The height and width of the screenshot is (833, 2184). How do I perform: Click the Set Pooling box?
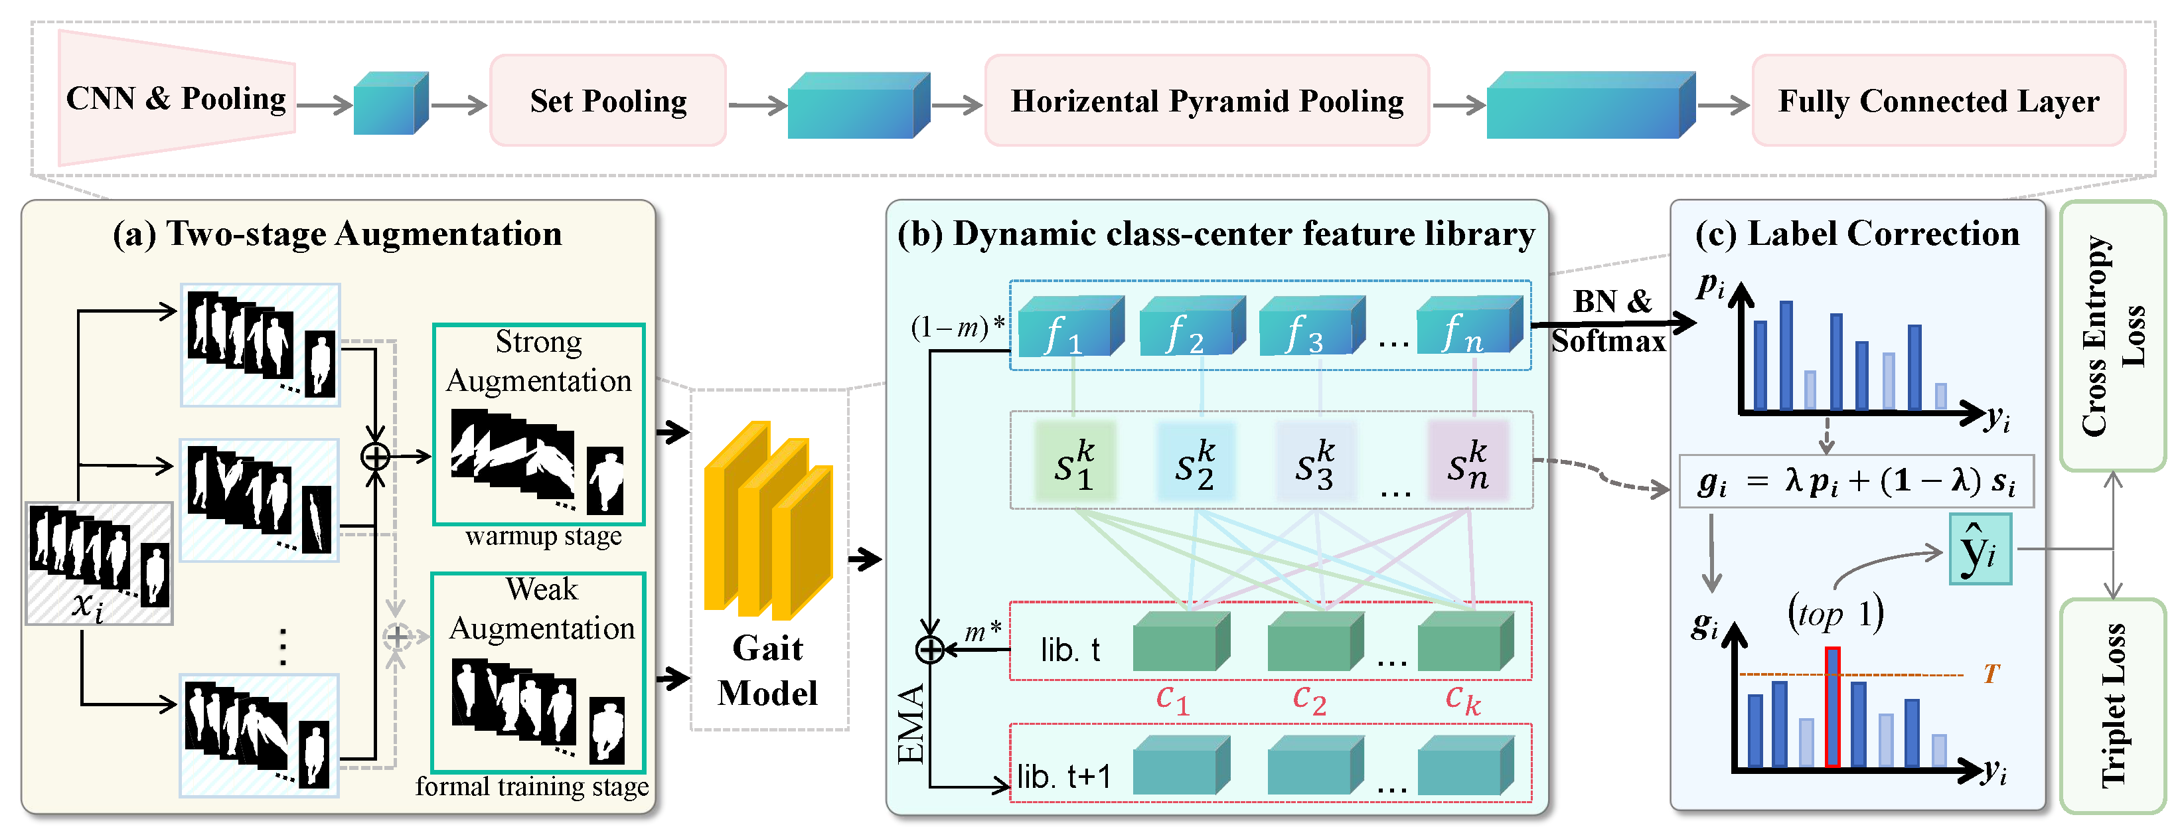[608, 101]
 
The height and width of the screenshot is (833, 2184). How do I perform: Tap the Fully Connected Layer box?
[1938, 101]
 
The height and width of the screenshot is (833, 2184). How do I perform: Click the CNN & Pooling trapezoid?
[177, 98]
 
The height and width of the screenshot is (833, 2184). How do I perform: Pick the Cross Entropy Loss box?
[2112, 336]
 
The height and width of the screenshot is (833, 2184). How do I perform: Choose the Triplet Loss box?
[2112, 705]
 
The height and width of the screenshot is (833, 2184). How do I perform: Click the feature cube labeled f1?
[1071, 327]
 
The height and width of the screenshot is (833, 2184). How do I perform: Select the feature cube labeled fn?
[1469, 327]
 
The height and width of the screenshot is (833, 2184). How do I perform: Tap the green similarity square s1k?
[1074, 463]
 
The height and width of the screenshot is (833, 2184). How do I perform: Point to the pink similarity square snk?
[1468, 463]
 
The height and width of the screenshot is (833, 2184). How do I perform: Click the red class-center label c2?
[1309, 700]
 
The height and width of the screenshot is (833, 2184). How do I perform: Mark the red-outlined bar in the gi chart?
[1832, 707]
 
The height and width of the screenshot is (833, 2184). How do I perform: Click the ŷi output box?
[1980, 548]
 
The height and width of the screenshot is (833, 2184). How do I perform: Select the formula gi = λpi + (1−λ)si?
[1856, 482]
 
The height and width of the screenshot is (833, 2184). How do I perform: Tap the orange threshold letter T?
[1991, 674]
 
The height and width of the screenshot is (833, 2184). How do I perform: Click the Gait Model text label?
[767, 670]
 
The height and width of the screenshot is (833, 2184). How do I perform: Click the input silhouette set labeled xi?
[99, 564]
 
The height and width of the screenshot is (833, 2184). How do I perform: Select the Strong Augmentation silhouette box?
[538, 423]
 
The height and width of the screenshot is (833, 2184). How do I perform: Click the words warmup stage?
[544, 536]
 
